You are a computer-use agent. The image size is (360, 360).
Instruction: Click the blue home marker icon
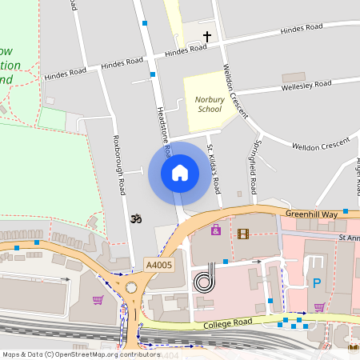tap(180, 172)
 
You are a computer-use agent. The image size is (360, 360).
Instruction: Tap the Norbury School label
tap(209, 105)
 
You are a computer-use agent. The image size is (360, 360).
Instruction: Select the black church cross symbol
tap(207, 37)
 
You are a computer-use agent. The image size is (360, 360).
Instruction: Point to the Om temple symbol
tap(134, 218)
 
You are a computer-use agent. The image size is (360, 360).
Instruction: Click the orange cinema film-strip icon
tap(243, 234)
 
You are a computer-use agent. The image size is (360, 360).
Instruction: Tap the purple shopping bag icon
tap(215, 230)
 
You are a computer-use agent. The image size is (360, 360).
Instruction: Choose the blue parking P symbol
tap(317, 282)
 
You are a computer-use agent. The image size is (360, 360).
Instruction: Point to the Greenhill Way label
tap(313, 214)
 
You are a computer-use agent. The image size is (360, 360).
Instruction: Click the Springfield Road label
tap(253, 169)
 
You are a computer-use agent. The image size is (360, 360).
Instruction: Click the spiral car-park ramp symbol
tap(205, 281)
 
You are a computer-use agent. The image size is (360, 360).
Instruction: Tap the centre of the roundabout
tap(130, 289)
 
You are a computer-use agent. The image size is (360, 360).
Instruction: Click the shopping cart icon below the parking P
tap(319, 306)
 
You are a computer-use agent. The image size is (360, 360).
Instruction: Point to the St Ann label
tap(349, 237)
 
